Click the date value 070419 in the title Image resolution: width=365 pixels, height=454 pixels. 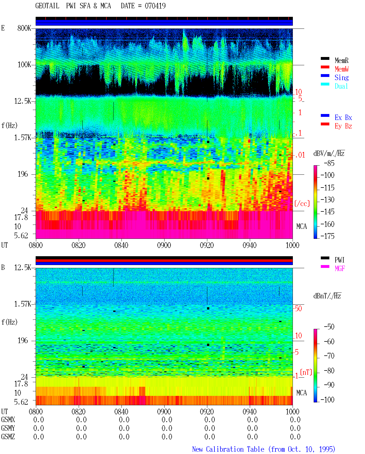point(155,6)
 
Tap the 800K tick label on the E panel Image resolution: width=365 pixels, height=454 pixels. point(24,28)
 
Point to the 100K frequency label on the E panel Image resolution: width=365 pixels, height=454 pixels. point(24,65)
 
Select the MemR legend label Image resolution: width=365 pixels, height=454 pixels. point(341,60)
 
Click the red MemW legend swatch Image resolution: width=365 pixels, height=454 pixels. point(325,67)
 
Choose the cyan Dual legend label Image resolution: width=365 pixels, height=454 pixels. point(341,86)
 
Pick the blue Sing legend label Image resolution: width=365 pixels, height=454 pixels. point(341,78)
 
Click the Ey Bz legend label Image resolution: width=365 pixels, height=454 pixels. point(343,126)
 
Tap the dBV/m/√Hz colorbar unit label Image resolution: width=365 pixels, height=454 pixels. point(329,153)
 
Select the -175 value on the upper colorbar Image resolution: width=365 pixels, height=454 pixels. point(327,236)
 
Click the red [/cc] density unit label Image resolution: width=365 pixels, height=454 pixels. point(302,203)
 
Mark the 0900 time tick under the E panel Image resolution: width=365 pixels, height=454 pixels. point(164,245)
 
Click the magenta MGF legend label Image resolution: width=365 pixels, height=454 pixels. point(340,268)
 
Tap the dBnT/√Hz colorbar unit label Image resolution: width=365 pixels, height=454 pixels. point(327,296)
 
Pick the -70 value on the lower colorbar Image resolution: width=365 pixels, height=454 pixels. point(329,356)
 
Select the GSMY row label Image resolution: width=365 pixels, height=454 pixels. point(8,428)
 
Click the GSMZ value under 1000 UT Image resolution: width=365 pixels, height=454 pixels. point(295,437)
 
